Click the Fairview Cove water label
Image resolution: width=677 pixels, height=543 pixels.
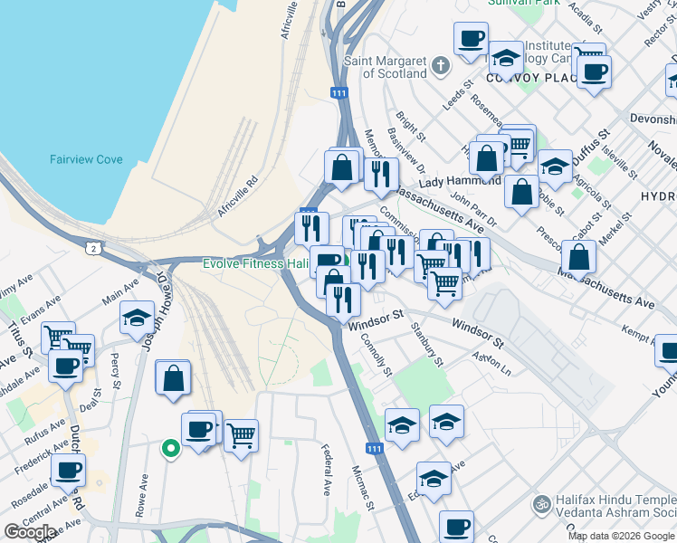tap(86, 159)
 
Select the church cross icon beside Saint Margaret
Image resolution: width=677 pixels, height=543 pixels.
tap(440, 66)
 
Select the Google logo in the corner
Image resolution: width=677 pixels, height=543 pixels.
tap(30, 532)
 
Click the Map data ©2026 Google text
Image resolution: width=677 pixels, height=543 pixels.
tap(621, 536)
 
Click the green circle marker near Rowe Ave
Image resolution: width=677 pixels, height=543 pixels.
tap(169, 447)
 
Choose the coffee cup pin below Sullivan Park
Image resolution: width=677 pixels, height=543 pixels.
tap(470, 40)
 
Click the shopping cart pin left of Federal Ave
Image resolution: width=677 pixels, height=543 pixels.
tap(241, 437)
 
